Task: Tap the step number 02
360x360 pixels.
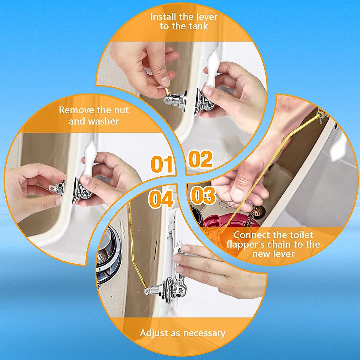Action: click(200, 159)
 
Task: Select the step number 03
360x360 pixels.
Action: click(203, 195)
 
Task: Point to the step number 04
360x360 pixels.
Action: click(161, 199)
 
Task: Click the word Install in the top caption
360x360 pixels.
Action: click(163, 17)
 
